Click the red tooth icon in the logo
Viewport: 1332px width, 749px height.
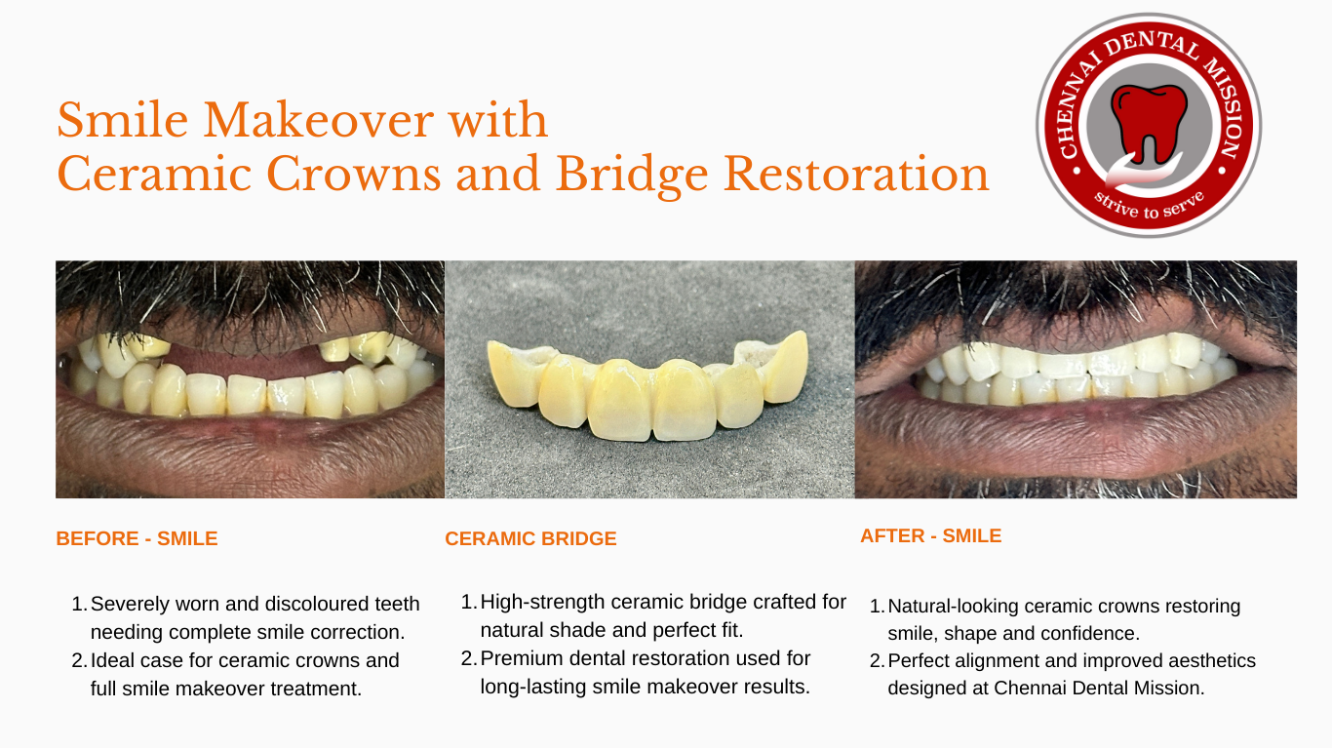coord(1149,123)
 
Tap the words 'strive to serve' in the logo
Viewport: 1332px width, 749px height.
coord(1149,205)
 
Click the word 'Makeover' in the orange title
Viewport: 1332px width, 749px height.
coord(316,120)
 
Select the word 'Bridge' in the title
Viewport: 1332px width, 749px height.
coord(632,176)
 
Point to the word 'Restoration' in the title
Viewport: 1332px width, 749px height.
coord(856,175)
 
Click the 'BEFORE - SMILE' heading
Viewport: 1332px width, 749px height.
coord(137,538)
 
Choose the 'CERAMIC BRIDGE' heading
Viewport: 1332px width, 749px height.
coord(530,538)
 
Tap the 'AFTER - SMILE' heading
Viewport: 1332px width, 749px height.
coord(930,536)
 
